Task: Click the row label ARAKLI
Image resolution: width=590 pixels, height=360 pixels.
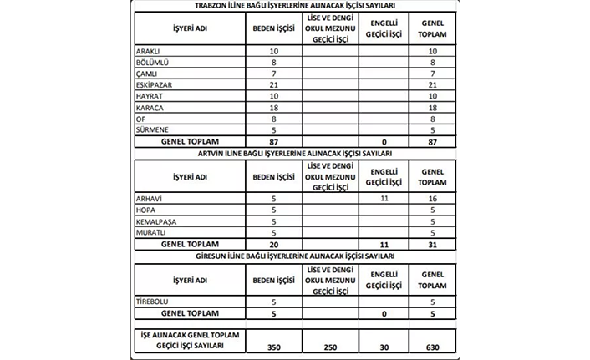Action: pyautogui.click(x=147, y=52)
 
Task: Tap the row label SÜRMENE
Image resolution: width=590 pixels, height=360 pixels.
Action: pyautogui.click(x=150, y=129)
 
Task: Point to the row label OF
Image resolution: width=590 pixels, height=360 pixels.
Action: pyautogui.click(x=140, y=119)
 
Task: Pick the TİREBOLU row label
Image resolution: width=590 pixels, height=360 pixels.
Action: pyautogui.click(x=152, y=301)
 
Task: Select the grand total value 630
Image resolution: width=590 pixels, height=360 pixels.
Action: pyautogui.click(x=432, y=347)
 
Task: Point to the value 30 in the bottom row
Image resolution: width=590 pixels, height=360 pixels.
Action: pyautogui.click(x=384, y=347)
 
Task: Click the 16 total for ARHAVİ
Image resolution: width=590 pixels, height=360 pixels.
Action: pyautogui.click(x=432, y=199)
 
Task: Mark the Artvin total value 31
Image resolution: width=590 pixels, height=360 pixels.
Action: pyautogui.click(x=432, y=244)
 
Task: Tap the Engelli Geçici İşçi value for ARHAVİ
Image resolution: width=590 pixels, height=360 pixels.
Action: pyautogui.click(x=384, y=199)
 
